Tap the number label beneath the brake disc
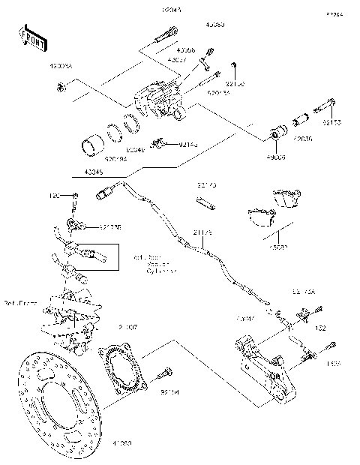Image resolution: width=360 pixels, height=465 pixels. pos(121,443)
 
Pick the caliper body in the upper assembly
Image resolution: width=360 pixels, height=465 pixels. pos(159,100)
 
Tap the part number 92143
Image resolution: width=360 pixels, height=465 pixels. pos(189,144)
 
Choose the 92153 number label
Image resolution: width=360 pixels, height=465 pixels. pos(332,121)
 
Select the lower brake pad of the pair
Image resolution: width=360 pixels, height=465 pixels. pos(259,217)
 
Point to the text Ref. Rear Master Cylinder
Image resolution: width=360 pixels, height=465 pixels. pos(155,264)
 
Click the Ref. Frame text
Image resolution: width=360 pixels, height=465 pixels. pos(20,304)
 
